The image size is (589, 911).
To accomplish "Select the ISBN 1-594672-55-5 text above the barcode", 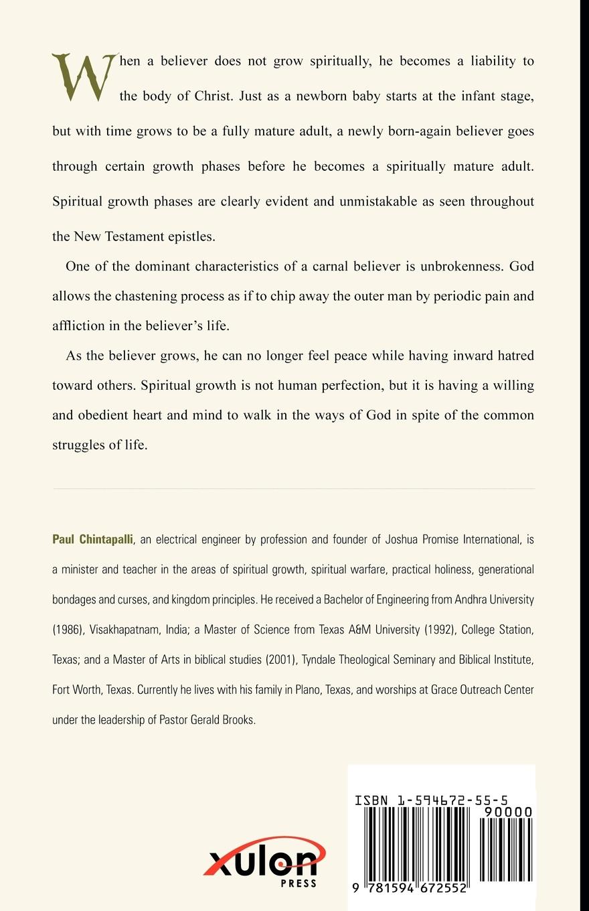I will pyautogui.click(x=432, y=800).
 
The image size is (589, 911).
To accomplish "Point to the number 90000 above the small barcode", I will pyautogui.click(x=506, y=812).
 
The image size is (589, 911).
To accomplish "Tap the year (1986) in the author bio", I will pyautogui.click(x=70, y=630).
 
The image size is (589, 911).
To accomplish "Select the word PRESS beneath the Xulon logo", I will pyautogui.click(x=299, y=883).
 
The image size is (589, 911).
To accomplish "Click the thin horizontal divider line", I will pyautogui.click(x=294, y=489).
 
